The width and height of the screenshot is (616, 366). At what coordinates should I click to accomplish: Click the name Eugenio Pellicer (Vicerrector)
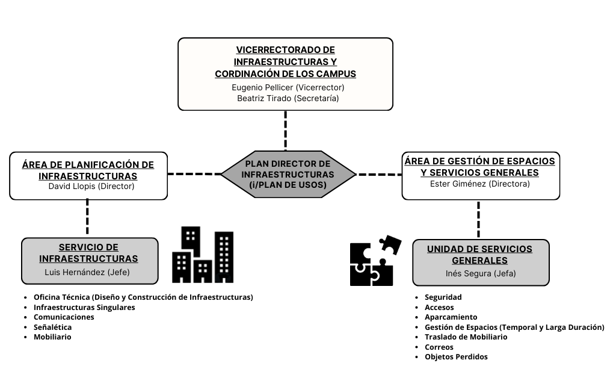[x=288, y=87]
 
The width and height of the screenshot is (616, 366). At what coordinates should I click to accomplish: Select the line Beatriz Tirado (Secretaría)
[x=288, y=98]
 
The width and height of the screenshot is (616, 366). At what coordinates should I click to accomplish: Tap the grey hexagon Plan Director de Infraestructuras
[x=288, y=174]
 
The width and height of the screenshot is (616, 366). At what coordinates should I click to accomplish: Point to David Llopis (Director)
[x=91, y=187]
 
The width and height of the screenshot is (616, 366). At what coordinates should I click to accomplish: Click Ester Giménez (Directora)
[x=479, y=184]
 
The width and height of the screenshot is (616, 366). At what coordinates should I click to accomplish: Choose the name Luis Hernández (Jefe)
[x=87, y=272]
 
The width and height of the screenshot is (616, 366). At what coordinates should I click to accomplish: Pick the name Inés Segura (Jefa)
[x=481, y=274]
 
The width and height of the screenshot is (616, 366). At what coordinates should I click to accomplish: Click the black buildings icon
[x=203, y=255]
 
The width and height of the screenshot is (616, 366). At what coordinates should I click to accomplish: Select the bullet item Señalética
[x=53, y=327]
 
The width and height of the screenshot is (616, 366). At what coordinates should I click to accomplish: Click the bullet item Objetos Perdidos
[x=456, y=357]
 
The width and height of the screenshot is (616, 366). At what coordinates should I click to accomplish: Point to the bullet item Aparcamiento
[x=451, y=317]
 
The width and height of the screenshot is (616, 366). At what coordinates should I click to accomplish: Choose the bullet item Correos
[x=439, y=347]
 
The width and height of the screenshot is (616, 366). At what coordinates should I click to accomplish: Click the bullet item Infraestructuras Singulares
[x=84, y=308]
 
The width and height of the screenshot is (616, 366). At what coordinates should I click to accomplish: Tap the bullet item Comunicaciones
[x=64, y=317]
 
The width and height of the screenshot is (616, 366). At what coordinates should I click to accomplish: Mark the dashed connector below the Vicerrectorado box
[x=286, y=131]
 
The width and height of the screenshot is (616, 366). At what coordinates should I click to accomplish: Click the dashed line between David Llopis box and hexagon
[x=194, y=174]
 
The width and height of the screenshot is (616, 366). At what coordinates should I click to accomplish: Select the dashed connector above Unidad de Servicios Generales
[x=478, y=219]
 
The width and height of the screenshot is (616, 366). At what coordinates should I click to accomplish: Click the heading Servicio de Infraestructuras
[x=88, y=253]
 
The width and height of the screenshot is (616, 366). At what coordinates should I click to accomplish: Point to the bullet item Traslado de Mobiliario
[x=466, y=337]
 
